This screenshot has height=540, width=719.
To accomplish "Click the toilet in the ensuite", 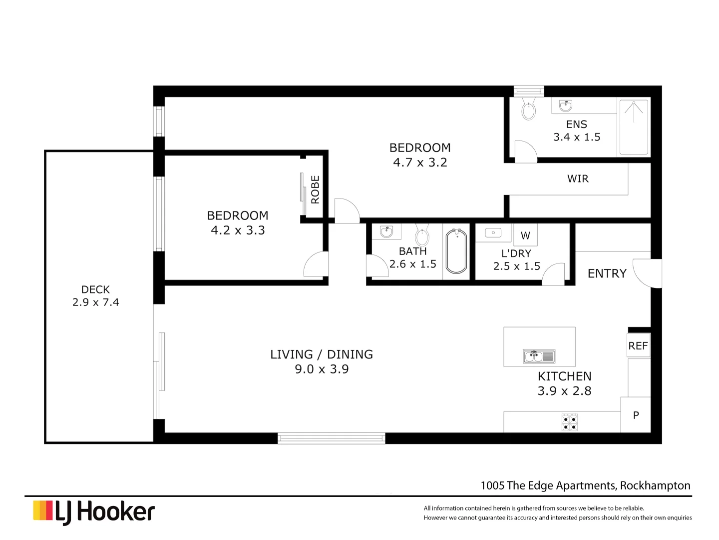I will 528,109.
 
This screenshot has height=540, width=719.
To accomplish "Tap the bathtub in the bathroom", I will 456,251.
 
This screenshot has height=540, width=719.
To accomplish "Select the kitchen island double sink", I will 539,356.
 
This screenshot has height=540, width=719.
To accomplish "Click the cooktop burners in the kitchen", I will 569,422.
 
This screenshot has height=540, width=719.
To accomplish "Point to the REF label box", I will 638,345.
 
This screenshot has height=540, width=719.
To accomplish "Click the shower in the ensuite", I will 634,127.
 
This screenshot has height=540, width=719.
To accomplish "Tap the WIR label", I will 578,178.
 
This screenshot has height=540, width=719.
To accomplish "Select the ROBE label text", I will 315,189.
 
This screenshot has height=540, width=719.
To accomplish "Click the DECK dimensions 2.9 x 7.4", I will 95,302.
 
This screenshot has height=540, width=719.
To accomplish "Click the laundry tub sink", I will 493,233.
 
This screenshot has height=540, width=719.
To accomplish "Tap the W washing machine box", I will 525,235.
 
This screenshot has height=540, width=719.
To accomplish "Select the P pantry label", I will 636,415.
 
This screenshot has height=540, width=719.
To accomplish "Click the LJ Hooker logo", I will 94,512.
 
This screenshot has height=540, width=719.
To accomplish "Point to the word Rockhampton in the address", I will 655,485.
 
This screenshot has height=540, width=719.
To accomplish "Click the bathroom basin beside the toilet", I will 386,231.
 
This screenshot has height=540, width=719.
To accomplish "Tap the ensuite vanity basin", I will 566,105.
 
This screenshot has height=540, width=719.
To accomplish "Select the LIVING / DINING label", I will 322,354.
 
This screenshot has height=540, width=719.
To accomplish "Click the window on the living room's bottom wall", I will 332,438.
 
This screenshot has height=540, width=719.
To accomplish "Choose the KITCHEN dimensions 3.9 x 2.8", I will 564,391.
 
